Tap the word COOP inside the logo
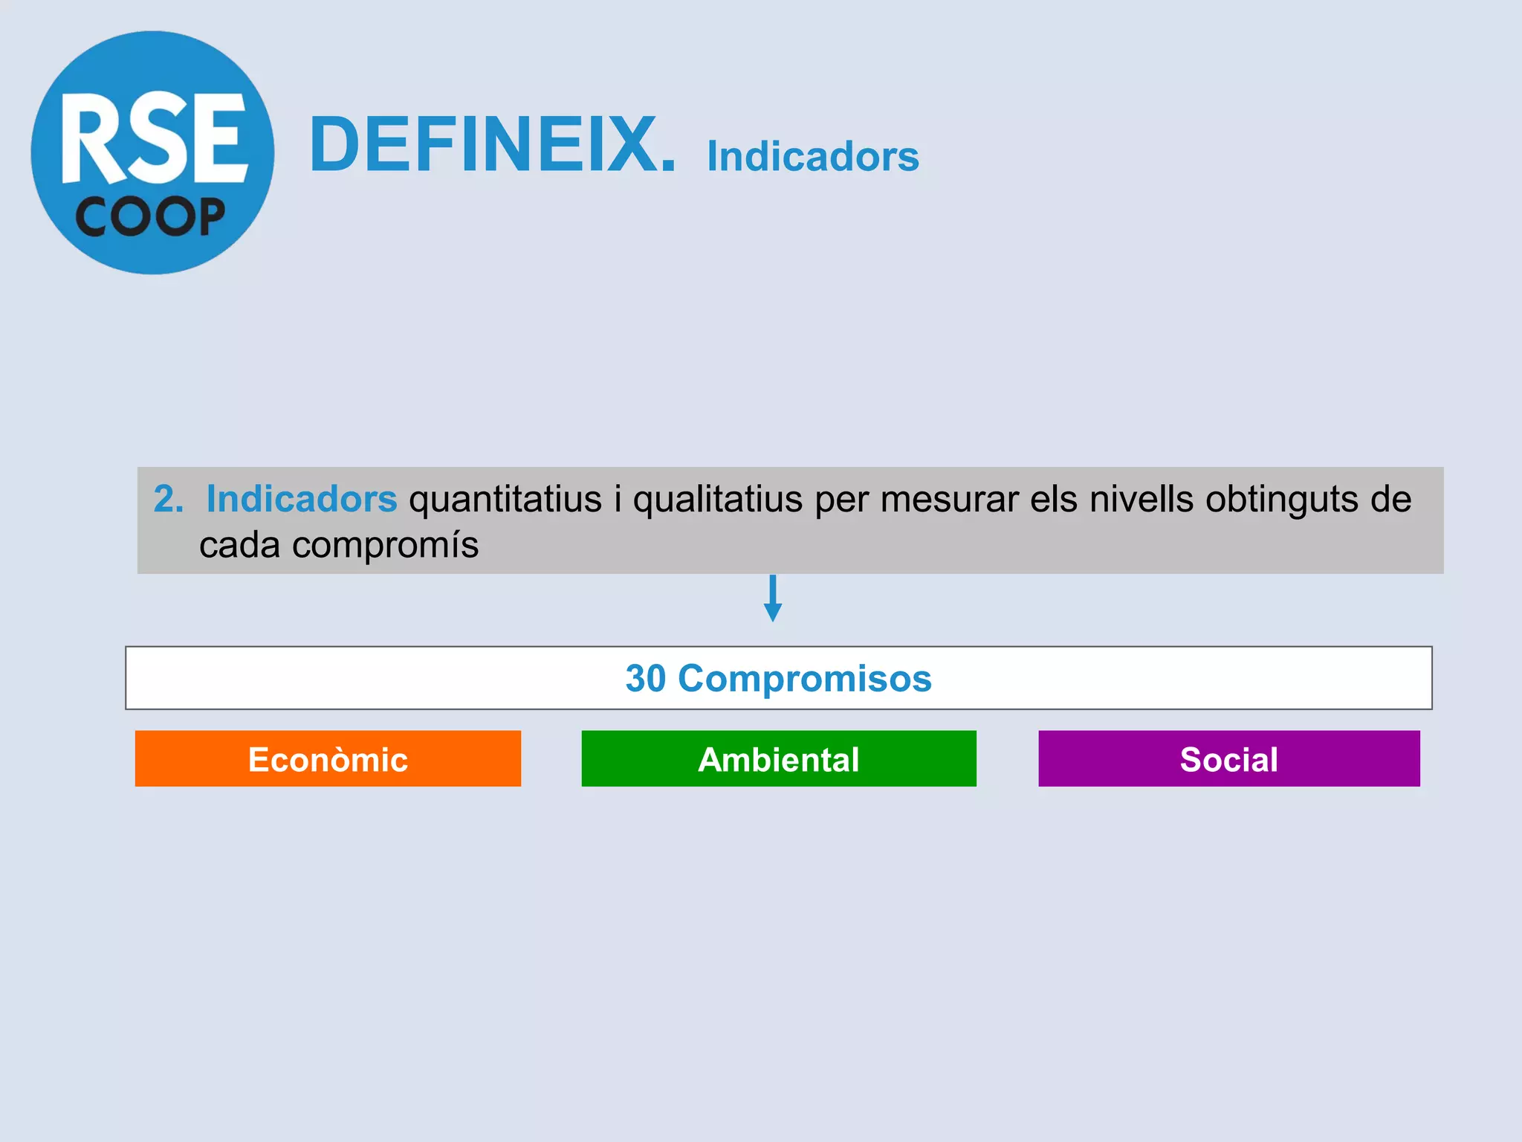(x=150, y=217)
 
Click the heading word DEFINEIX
(x=493, y=145)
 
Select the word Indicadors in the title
(x=812, y=156)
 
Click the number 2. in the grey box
(x=168, y=498)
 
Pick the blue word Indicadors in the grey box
(x=301, y=498)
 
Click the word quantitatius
(x=505, y=500)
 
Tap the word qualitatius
(x=717, y=500)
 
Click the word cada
(x=239, y=545)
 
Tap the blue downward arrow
(x=773, y=599)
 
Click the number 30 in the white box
(x=645, y=678)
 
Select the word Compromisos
(x=804, y=679)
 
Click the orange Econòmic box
(x=328, y=759)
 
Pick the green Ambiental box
(x=778, y=759)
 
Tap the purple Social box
(x=1228, y=759)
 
